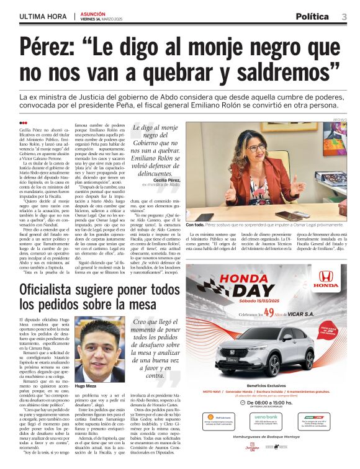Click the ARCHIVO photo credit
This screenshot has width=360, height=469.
point(341,118)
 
